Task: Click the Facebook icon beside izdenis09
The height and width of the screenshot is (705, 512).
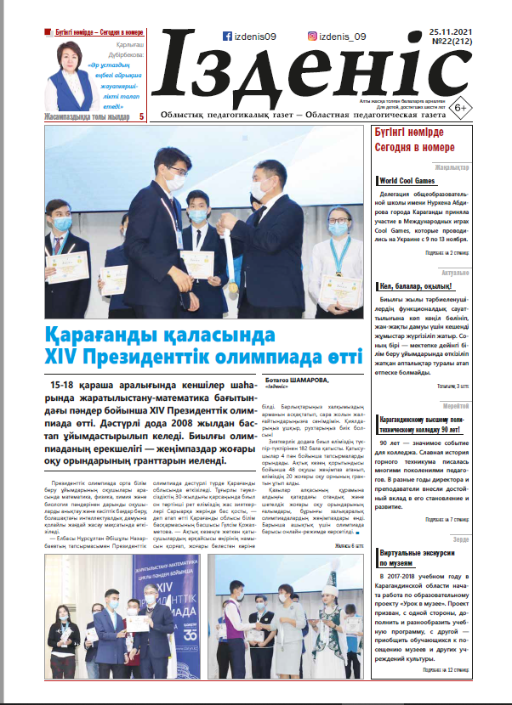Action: (227, 37)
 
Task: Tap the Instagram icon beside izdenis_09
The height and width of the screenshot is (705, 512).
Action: (313, 37)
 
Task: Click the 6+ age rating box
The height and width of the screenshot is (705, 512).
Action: (460, 107)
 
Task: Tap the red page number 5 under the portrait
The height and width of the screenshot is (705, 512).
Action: (141, 115)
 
